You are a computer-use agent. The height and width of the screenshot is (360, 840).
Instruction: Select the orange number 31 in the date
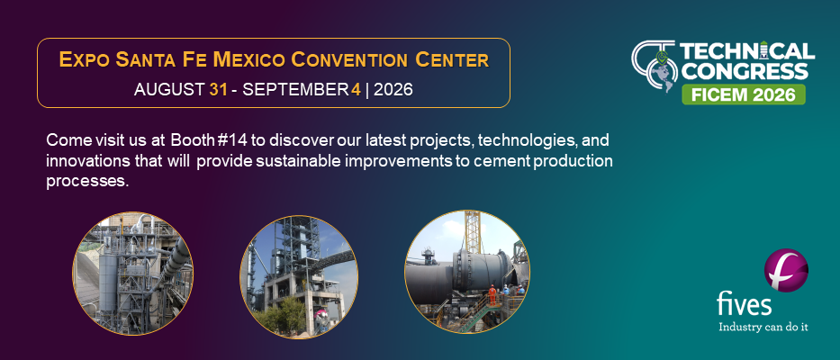pyautogui.click(x=218, y=89)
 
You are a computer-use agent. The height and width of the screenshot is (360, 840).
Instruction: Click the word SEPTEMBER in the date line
pyautogui.click(x=295, y=89)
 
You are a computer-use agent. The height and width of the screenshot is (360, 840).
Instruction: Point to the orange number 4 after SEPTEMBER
pyautogui.click(x=356, y=89)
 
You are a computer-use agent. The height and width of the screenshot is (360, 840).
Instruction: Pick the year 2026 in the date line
pyautogui.click(x=393, y=89)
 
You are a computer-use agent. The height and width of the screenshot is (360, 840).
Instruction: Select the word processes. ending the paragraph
pyautogui.click(x=88, y=181)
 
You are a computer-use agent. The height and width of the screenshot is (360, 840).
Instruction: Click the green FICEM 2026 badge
pyautogui.click(x=744, y=94)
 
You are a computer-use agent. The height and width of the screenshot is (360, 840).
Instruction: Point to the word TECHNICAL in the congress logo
pyautogui.click(x=747, y=52)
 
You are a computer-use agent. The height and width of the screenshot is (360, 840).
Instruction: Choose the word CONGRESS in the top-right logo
pyautogui.click(x=744, y=71)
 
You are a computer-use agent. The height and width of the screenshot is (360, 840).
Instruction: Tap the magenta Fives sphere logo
pyautogui.click(x=786, y=270)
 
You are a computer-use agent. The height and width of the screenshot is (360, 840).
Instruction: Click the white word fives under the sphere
pyautogui.click(x=745, y=304)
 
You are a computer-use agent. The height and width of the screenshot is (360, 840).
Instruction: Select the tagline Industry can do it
pyautogui.click(x=763, y=327)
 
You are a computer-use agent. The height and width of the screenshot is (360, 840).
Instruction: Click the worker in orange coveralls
pyautogui.click(x=492, y=294)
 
